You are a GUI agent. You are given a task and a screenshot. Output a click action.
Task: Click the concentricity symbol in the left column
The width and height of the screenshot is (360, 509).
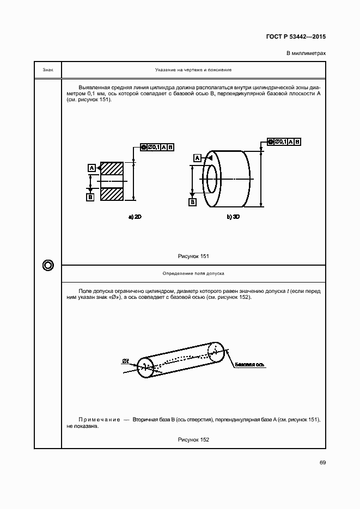click(x=47, y=265)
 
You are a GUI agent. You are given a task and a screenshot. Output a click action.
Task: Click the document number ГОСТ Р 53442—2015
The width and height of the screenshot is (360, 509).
click(x=296, y=38)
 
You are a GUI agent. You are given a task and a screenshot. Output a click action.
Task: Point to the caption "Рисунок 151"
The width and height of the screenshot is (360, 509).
click(x=193, y=256)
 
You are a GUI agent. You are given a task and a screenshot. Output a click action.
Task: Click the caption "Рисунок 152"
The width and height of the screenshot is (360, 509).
click(x=193, y=439)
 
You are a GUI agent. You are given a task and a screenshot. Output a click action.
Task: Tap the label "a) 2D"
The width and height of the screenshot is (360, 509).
click(x=135, y=217)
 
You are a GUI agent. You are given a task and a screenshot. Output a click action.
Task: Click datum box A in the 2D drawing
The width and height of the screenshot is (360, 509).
click(x=91, y=167)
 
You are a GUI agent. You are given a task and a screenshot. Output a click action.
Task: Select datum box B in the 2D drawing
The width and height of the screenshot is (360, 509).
click(x=90, y=197)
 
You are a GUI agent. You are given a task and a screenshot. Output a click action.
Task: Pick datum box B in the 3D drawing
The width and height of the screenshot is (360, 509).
click(x=192, y=202)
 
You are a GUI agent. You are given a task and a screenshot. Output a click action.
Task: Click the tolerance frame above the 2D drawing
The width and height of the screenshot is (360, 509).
click(x=157, y=148)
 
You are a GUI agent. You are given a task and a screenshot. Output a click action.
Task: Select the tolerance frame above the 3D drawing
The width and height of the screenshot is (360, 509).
click(x=284, y=142)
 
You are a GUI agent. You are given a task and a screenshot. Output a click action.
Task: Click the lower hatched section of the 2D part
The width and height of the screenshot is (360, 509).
click(x=113, y=194)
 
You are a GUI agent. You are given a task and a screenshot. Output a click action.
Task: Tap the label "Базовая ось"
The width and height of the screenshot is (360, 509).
click(x=251, y=364)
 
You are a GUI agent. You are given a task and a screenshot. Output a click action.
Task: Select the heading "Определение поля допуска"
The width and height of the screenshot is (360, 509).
click(x=193, y=273)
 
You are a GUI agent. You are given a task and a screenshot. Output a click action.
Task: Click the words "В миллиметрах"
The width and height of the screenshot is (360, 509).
click(x=306, y=53)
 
